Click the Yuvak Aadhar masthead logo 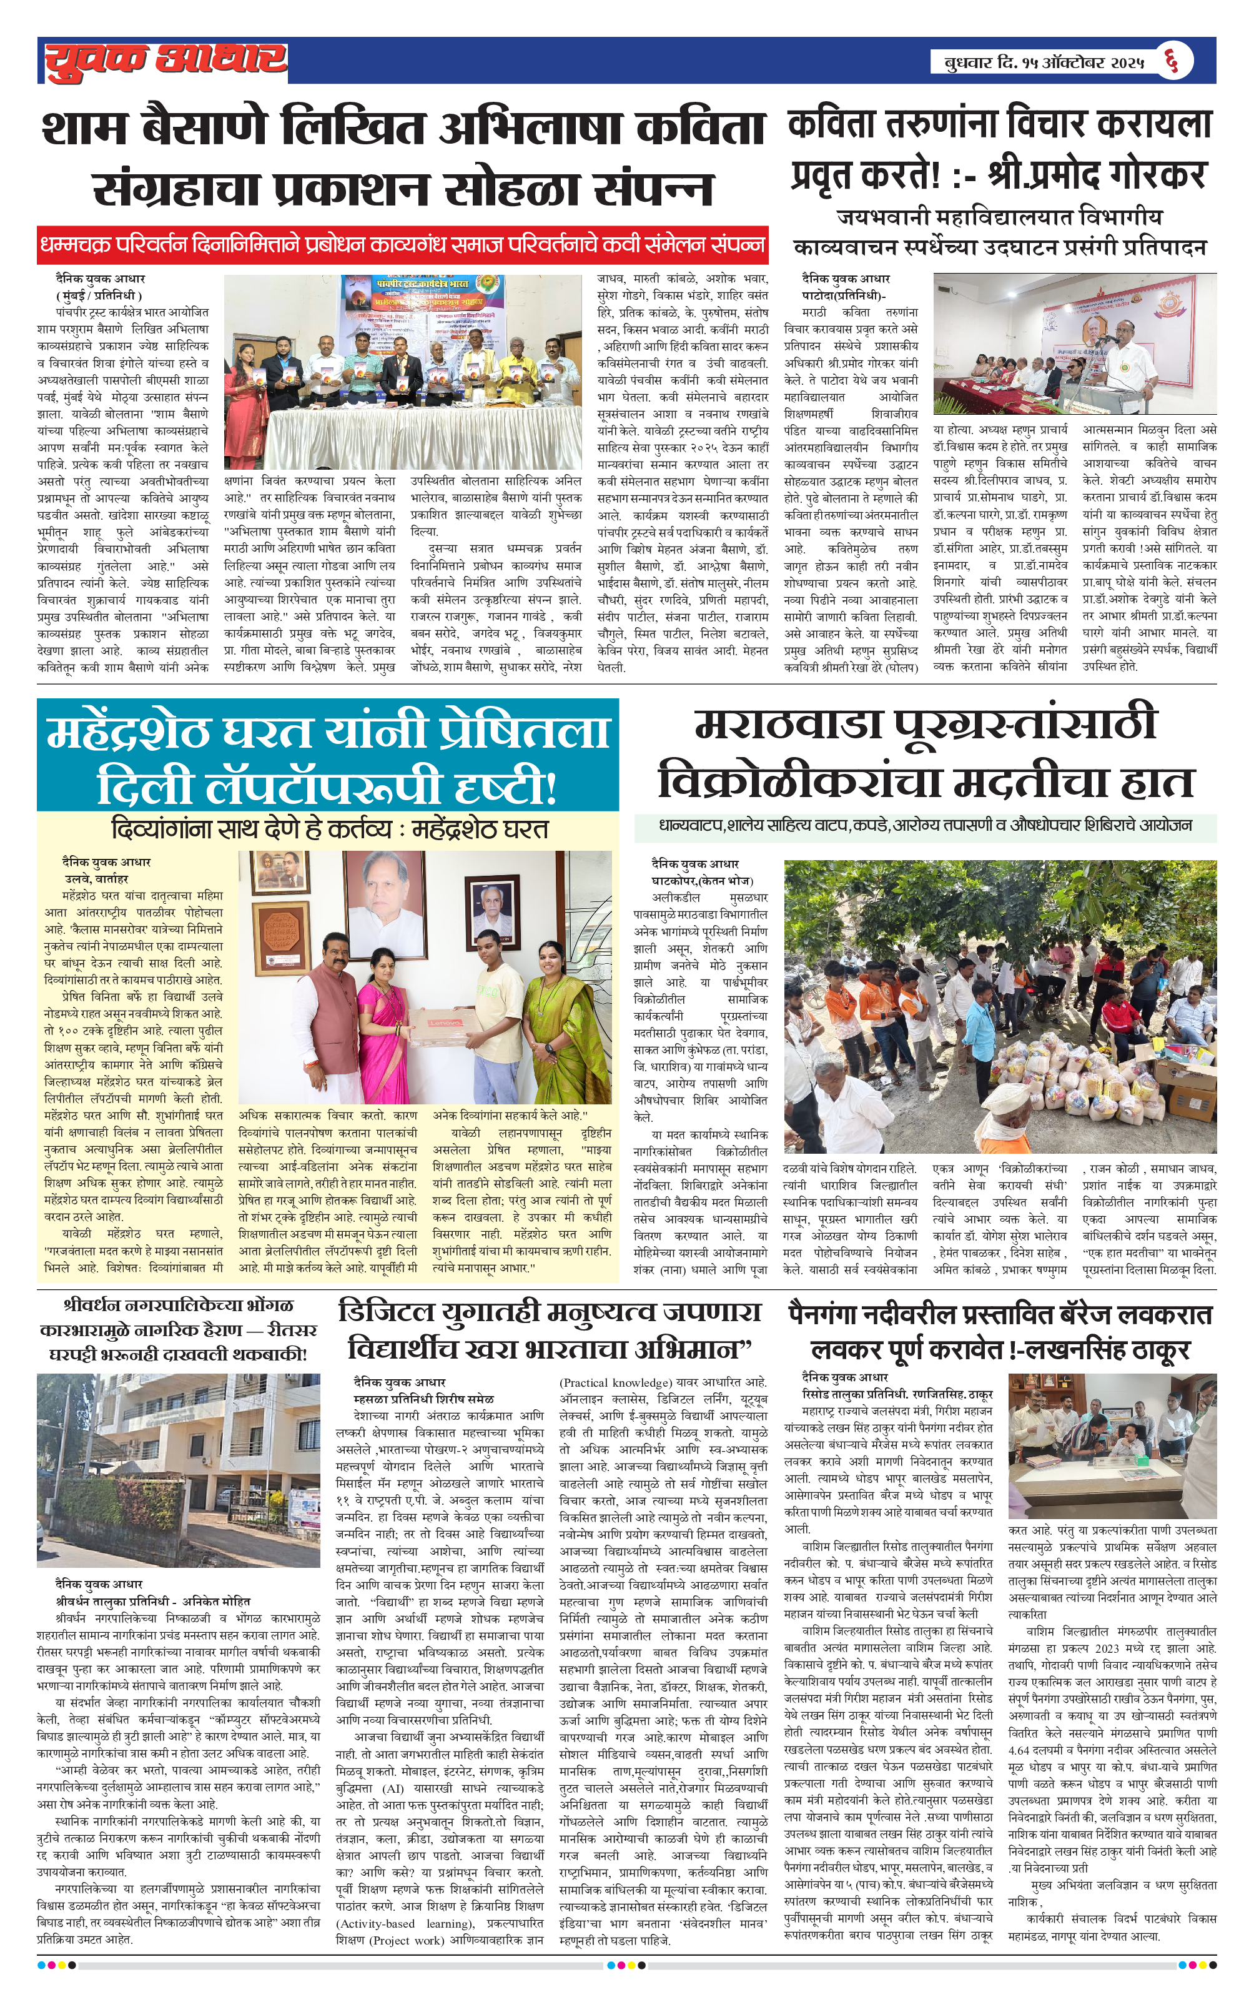click(x=165, y=61)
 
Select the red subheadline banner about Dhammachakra click(x=402, y=245)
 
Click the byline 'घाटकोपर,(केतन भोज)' click(x=703, y=880)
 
